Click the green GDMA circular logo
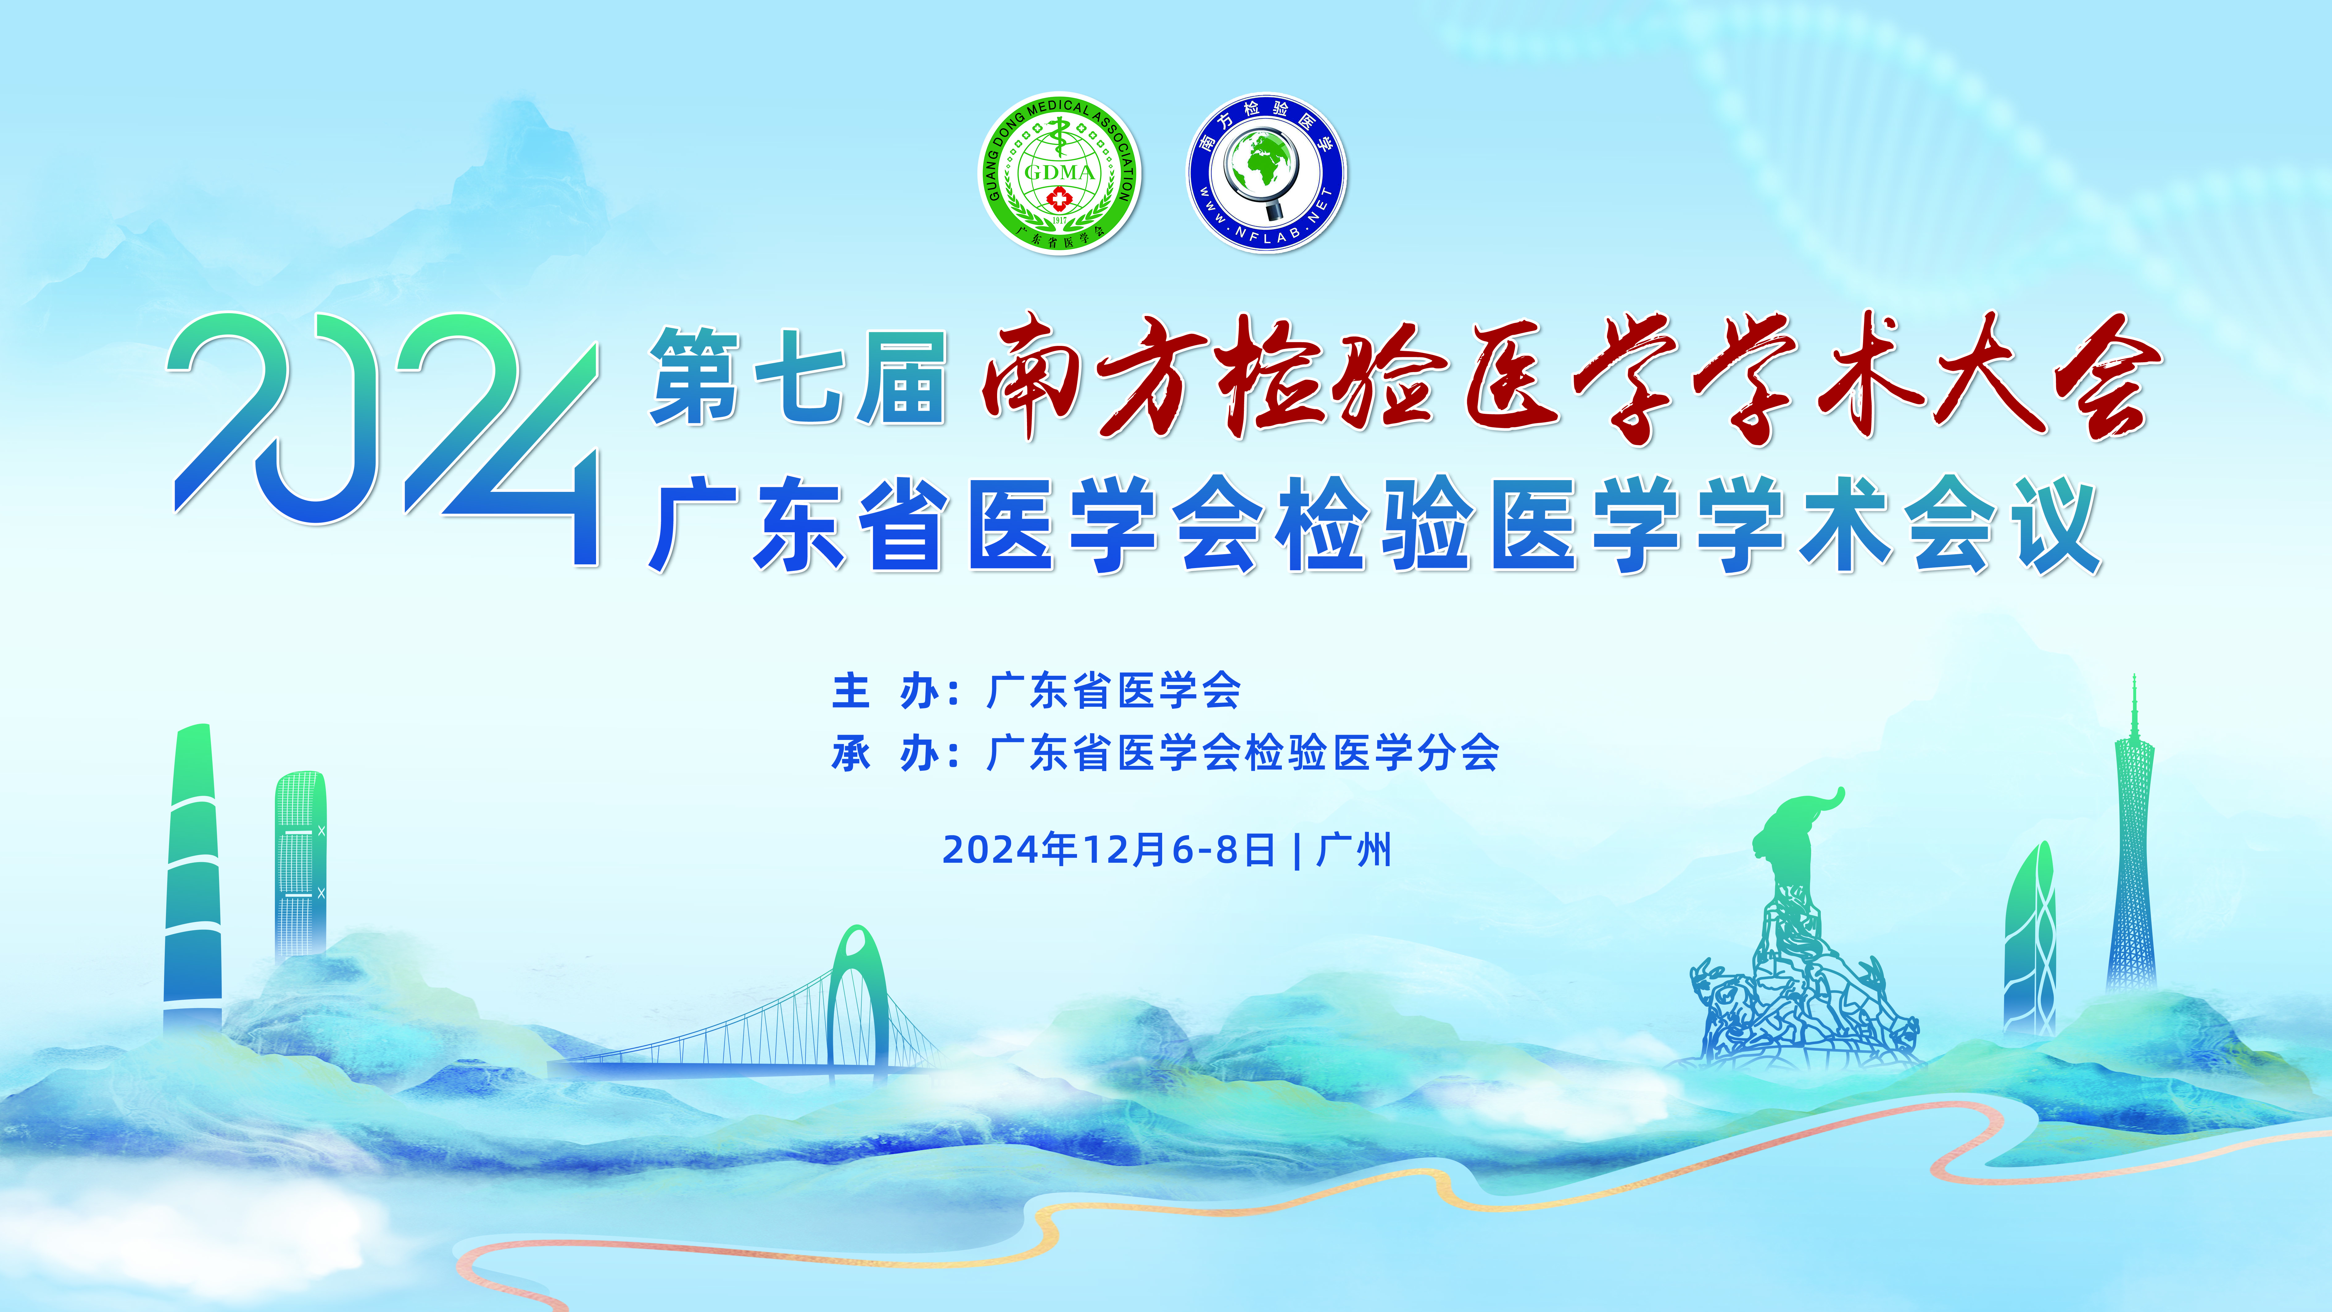tap(1059, 174)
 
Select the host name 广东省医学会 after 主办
tap(1113, 692)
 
